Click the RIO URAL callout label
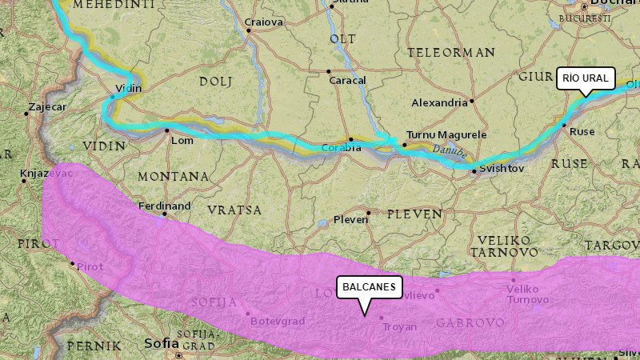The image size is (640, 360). [586, 78]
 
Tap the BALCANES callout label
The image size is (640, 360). [368, 286]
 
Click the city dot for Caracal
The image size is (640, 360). [329, 71]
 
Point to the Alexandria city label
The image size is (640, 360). [439, 102]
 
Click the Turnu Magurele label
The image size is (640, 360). [446, 134]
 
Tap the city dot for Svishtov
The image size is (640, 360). [474, 170]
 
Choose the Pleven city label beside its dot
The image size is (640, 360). [350, 219]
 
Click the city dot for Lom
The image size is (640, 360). [167, 130]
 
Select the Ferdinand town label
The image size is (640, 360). [165, 206]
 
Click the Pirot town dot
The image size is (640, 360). [72, 263]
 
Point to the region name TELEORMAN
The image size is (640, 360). [451, 53]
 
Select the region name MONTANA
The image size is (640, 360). [173, 176]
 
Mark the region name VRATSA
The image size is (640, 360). [234, 210]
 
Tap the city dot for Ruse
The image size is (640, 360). [564, 126]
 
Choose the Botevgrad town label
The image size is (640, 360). [278, 321]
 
